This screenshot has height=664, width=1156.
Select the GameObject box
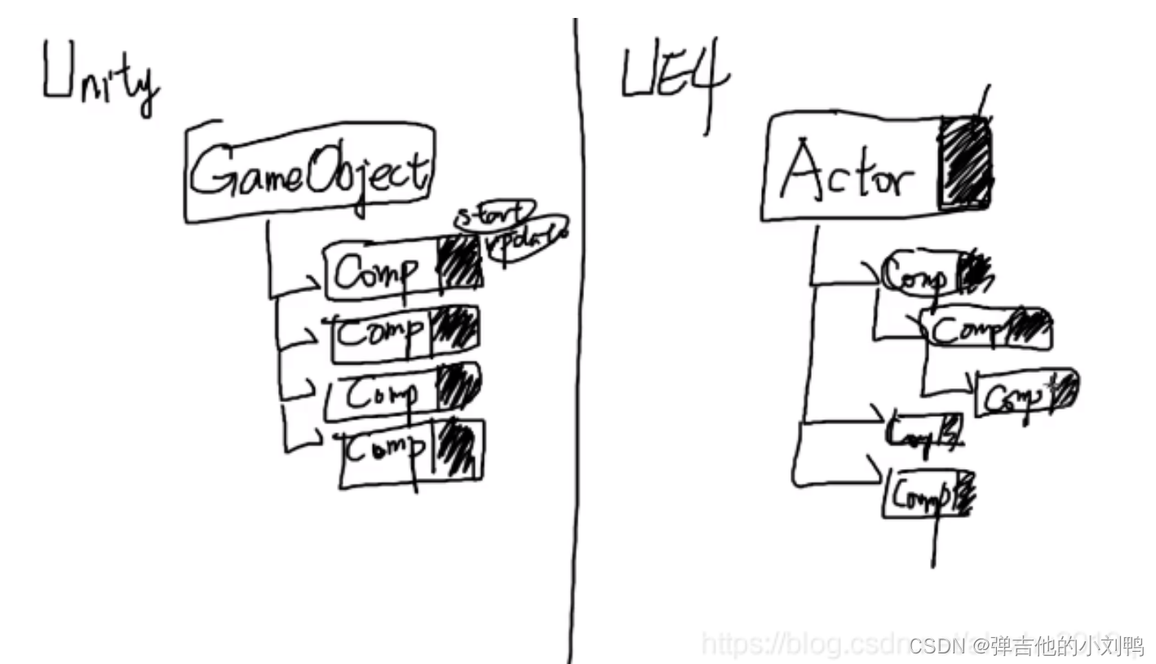308,172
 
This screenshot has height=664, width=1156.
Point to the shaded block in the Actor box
965,163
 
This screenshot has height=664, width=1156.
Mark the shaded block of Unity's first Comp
460,262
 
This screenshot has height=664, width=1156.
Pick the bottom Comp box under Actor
918,494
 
